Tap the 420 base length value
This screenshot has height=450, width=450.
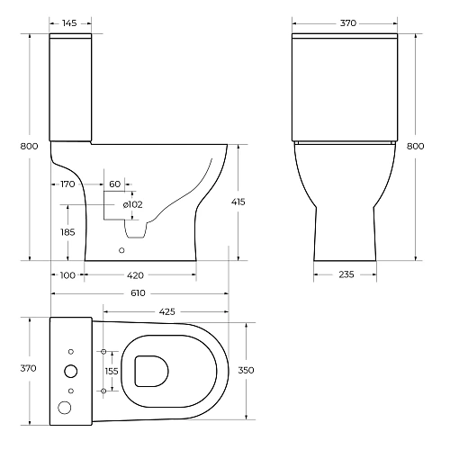click(x=136, y=274)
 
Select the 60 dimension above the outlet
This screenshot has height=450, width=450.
click(x=114, y=184)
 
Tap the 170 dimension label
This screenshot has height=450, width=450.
click(x=66, y=184)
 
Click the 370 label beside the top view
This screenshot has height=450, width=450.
click(x=28, y=369)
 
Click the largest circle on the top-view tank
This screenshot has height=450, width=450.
click(x=69, y=370)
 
